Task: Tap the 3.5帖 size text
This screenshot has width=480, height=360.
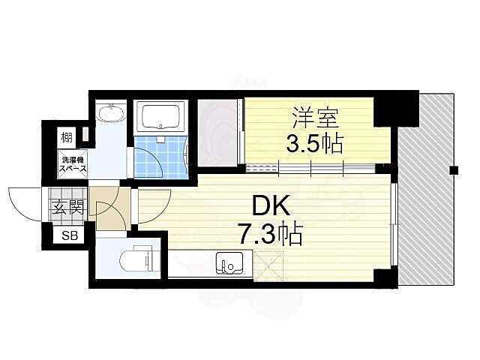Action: pyautogui.click(x=314, y=143)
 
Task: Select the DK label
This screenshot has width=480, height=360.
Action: pyautogui.click(x=271, y=206)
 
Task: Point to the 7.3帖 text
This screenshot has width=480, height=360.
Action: pyautogui.click(x=271, y=235)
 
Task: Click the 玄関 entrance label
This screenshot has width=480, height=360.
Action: pyautogui.click(x=68, y=208)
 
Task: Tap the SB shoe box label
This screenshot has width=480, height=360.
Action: pyautogui.click(x=70, y=235)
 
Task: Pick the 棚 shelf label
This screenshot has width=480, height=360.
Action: pyautogui.click(x=67, y=136)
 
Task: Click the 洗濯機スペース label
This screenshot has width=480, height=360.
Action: pyautogui.click(x=73, y=164)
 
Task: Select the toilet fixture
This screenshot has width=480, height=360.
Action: pyautogui.click(x=136, y=260)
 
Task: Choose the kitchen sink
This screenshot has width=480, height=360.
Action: pyautogui.click(x=229, y=263)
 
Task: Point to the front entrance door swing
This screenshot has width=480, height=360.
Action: pyautogui.click(x=25, y=204)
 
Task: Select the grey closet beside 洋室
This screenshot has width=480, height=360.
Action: pyautogui.click(x=218, y=133)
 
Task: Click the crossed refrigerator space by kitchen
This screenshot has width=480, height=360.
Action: pyautogui.click(x=268, y=265)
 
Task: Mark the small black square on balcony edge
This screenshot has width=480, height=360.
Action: pyautogui.click(x=453, y=169)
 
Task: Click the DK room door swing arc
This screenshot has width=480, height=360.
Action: pyautogui.click(x=154, y=206)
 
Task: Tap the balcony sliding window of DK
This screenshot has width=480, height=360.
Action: pyautogui.click(x=394, y=225)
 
